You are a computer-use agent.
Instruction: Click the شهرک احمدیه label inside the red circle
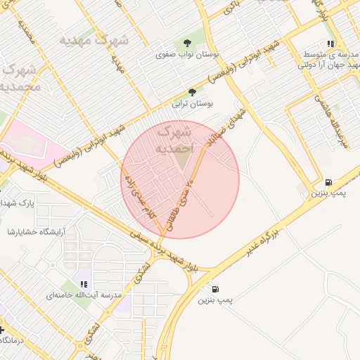pos(173,140)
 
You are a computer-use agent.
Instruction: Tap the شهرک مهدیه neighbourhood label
pos(94,39)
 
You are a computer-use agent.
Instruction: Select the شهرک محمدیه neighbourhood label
pos(20,78)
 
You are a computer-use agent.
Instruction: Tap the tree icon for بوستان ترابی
pos(192,91)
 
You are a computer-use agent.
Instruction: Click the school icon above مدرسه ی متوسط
pos(330,44)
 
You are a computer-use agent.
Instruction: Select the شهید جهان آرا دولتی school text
pos(330,65)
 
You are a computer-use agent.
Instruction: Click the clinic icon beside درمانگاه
pos(2,328)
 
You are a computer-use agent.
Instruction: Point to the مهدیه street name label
pos(117,64)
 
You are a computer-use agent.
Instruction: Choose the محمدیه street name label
pos(27,30)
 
